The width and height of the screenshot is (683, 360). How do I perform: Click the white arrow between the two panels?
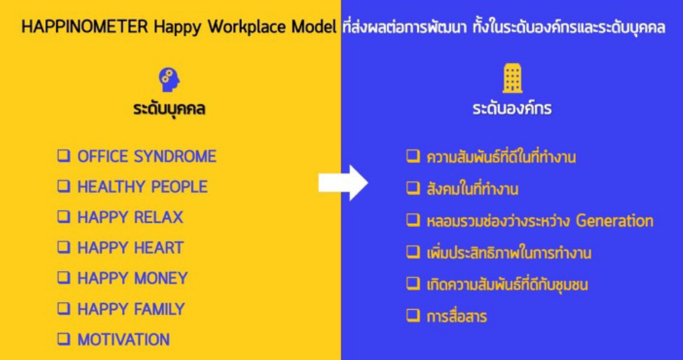pos(343,183)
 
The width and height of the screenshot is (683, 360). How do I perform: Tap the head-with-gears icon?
pos(169,80)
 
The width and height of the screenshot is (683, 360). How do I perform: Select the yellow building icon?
pos(512,78)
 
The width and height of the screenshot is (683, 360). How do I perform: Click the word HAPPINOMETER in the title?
pos(85,27)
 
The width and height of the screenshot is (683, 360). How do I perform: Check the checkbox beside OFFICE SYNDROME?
pos(64,156)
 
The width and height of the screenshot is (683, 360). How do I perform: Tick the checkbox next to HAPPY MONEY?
pos(64,277)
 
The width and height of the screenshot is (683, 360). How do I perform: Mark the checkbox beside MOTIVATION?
pos(64,339)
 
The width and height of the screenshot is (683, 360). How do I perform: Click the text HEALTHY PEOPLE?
pos(142,187)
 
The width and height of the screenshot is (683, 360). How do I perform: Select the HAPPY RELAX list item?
pos(130,217)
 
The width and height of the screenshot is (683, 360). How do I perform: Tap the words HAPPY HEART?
pos(130,248)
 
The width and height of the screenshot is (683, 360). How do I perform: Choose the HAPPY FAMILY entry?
pos(131,309)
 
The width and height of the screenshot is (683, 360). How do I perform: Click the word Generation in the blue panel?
pos(615,221)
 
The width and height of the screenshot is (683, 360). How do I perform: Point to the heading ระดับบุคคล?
pos(169,108)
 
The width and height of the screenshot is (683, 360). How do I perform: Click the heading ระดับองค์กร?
pos(512,108)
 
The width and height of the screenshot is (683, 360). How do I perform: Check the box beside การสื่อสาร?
pos(413,314)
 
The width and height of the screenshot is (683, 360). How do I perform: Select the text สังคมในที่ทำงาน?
pos(472,189)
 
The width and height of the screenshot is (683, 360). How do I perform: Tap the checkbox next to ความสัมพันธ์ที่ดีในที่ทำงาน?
pos(413,156)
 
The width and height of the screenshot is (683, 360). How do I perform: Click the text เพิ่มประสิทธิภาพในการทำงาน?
pos(509,253)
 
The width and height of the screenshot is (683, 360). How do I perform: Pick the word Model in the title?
pos(314,27)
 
